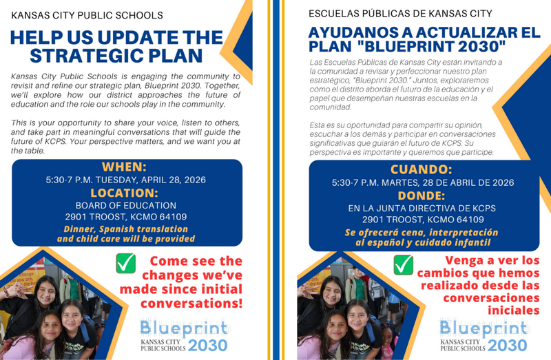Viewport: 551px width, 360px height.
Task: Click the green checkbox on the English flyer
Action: [x=126, y=264]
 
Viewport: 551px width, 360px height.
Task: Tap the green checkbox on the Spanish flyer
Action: [x=404, y=264]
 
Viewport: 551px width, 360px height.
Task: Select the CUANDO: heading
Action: [x=422, y=169]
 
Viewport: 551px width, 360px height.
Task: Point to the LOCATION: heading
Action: [x=127, y=193]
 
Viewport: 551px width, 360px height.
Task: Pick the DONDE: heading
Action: [x=422, y=195]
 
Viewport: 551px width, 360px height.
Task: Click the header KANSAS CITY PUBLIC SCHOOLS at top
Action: [x=87, y=14]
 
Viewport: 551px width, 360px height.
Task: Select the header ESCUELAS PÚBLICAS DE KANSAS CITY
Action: [x=400, y=13]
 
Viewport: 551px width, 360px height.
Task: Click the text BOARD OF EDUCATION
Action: [x=126, y=205]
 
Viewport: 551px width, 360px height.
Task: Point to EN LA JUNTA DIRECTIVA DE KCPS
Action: [x=422, y=209]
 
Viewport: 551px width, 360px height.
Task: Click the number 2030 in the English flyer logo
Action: [x=207, y=346]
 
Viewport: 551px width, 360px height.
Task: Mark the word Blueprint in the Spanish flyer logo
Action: [x=484, y=328]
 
